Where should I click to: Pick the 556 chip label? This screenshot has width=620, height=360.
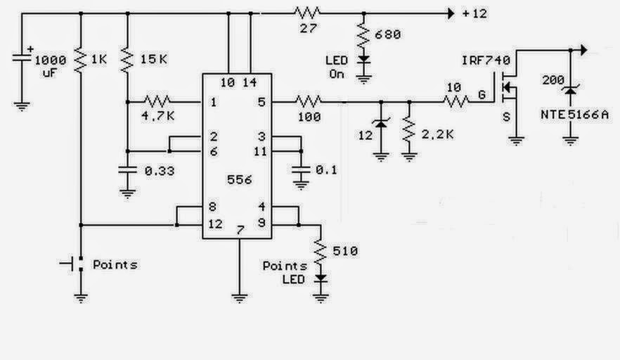coord(240,180)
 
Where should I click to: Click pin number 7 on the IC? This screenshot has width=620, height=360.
coord(240,230)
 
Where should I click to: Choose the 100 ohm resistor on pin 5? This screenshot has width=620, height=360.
coord(308,102)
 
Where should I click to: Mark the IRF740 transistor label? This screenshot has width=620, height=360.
coord(486,60)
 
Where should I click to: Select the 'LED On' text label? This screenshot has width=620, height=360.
coord(337,67)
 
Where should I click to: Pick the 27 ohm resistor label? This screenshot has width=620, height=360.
coord(308,29)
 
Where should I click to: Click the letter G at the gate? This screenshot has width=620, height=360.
coord(482,94)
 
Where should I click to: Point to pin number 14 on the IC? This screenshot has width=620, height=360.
coord(250,82)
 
